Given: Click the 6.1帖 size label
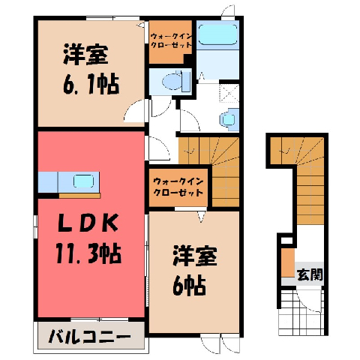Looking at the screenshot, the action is (x=91, y=83).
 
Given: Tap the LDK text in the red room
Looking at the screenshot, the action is (x=88, y=223).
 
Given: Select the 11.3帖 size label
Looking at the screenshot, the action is (x=88, y=253).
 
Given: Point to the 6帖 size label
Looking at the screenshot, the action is (x=189, y=285).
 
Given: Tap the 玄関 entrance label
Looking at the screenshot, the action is (x=310, y=274).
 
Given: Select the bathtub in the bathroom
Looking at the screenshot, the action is (x=217, y=34).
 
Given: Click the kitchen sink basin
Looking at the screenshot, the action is (x=83, y=181).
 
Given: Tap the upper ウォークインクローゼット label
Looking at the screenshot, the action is (x=171, y=40).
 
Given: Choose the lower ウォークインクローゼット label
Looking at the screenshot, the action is (x=178, y=187).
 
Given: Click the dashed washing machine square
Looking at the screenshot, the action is (x=229, y=93).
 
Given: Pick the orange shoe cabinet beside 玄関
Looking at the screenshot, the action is (x=288, y=262).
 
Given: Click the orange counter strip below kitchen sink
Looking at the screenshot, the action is (x=79, y=196).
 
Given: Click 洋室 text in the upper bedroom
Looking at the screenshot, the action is (x=85, y=55).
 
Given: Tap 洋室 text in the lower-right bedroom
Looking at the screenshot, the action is (x=195, y=255).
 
